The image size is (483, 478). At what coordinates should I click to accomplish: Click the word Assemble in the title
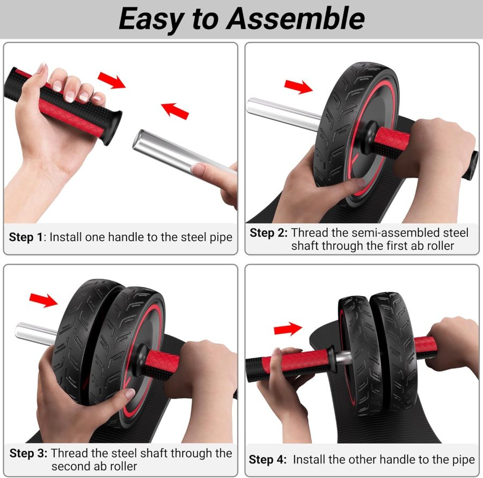[296, 19]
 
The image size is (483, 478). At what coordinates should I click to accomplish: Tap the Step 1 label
[26, 237]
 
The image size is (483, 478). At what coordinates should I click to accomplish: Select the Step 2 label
[268, 233]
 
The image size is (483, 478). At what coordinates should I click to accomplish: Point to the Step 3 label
[28, 453]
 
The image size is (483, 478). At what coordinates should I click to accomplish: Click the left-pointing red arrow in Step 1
[175, 111]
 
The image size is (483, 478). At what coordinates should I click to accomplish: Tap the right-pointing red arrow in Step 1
[112, 80]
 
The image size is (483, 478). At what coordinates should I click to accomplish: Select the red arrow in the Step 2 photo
[298, 86]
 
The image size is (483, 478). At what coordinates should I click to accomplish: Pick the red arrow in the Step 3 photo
[43, 300]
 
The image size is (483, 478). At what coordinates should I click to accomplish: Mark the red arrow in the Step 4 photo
[288, 328]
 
